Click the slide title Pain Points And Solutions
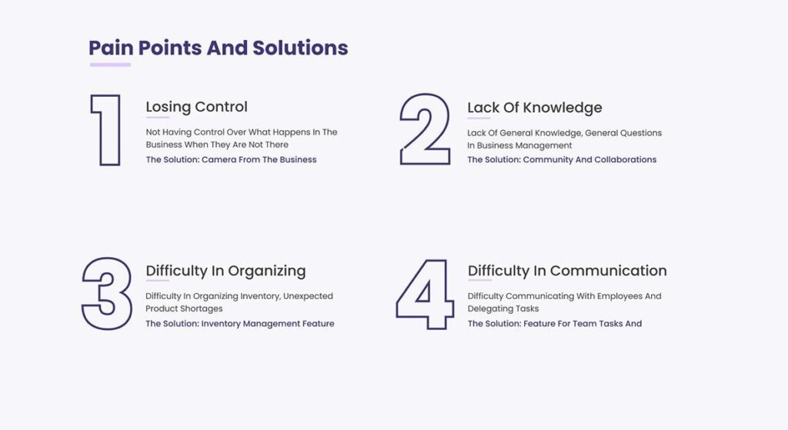tap(218, 48)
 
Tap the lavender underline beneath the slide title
tap(110, 65)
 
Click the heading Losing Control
tap(196, 107)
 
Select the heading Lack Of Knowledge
tap(535, 108)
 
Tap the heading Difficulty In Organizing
tap(225, 272)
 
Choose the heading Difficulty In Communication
tap(567, 271)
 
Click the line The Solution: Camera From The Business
tap(231, 160)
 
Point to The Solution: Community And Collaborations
tap(562, 160)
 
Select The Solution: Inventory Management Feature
tap(240, 324)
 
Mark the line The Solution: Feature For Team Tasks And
tap(555, 324)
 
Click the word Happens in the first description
tap(292, 132)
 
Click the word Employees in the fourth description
tap(619, 296)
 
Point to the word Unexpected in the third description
tap(308, 296)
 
